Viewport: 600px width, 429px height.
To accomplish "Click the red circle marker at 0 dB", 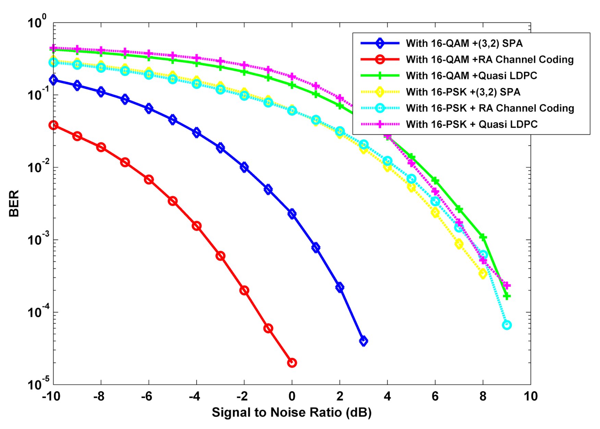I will [292, 362].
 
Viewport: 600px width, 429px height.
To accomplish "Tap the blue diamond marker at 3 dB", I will [364, 341].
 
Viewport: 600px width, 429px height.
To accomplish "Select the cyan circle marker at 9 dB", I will [507, 325].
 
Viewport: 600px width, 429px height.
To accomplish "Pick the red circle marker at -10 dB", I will [53, 125].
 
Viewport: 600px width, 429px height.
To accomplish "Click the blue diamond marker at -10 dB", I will [53, 80].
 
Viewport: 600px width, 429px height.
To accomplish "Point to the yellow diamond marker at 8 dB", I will [483, 274].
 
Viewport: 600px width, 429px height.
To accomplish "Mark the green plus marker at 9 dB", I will [507, 296].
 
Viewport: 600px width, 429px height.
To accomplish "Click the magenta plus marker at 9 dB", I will [507, 285].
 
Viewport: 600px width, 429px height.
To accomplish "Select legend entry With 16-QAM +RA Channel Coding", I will [489, 60].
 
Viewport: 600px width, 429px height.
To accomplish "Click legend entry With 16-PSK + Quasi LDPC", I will [472, 124].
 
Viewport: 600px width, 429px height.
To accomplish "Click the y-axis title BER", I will [14, 203].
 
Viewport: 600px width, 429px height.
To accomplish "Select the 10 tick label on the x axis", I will [530, 396].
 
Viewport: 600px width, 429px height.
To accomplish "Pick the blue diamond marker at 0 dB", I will [292, 214].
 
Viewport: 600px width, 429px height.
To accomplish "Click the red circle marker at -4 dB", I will [196, 226].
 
